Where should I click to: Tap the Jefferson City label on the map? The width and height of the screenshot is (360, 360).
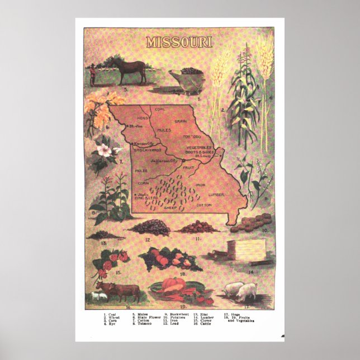click(163, 160)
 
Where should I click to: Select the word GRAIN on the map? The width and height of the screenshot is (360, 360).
click(180, 120)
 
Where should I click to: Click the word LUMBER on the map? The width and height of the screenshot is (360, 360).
click(215, 193)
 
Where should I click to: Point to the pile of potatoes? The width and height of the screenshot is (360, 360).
click(249, 222)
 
